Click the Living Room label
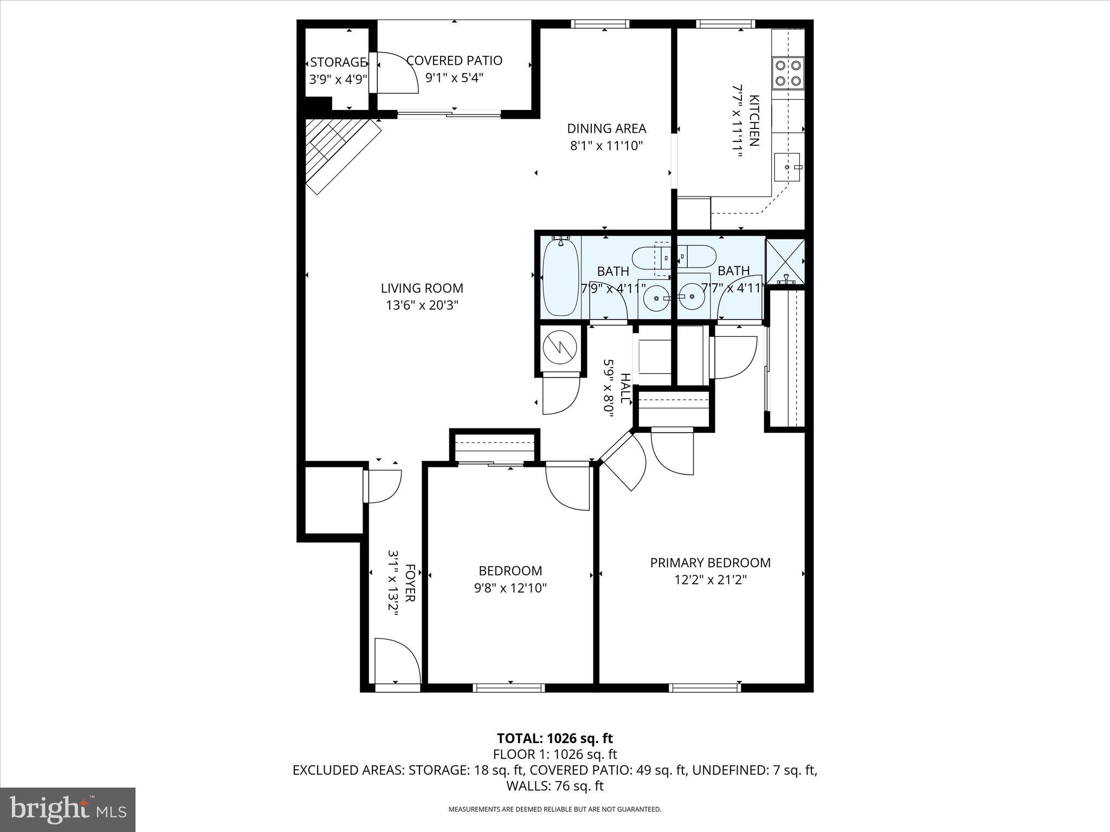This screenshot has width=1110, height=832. pyautogui.click(x=422, y=289)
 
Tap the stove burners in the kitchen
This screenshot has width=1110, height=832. pyautogui.click(x=788, y=73)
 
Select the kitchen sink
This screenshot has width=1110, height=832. pyautogui.click(x=787, y=168)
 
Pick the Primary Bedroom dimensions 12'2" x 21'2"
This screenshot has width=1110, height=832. pyautogui.click(x=710, y=580)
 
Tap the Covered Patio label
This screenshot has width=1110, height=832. pyautogui.click(x=454, y=61)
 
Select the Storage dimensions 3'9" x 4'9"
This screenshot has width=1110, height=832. pyautogui.click(x=338, y=80)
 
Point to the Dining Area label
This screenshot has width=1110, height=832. pyautogui.click(x=606, y=128)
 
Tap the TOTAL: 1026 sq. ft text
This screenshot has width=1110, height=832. pyautogui.click(x=554, y=738)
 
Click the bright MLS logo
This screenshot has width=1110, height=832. pyautogui.click(x=68, y=809)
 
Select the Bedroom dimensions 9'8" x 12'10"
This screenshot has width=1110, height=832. pyautogui.click(x=510, y=588)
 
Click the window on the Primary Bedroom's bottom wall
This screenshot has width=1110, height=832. pyautogui.click(x=705, y=688)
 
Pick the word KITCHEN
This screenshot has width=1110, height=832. pyautogui.click(x=754, y=121)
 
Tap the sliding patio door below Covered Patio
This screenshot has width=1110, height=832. pyautogui.click(x=449, y=114)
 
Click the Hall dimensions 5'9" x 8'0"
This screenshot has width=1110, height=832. pyautogui.click(x=609, y=388)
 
